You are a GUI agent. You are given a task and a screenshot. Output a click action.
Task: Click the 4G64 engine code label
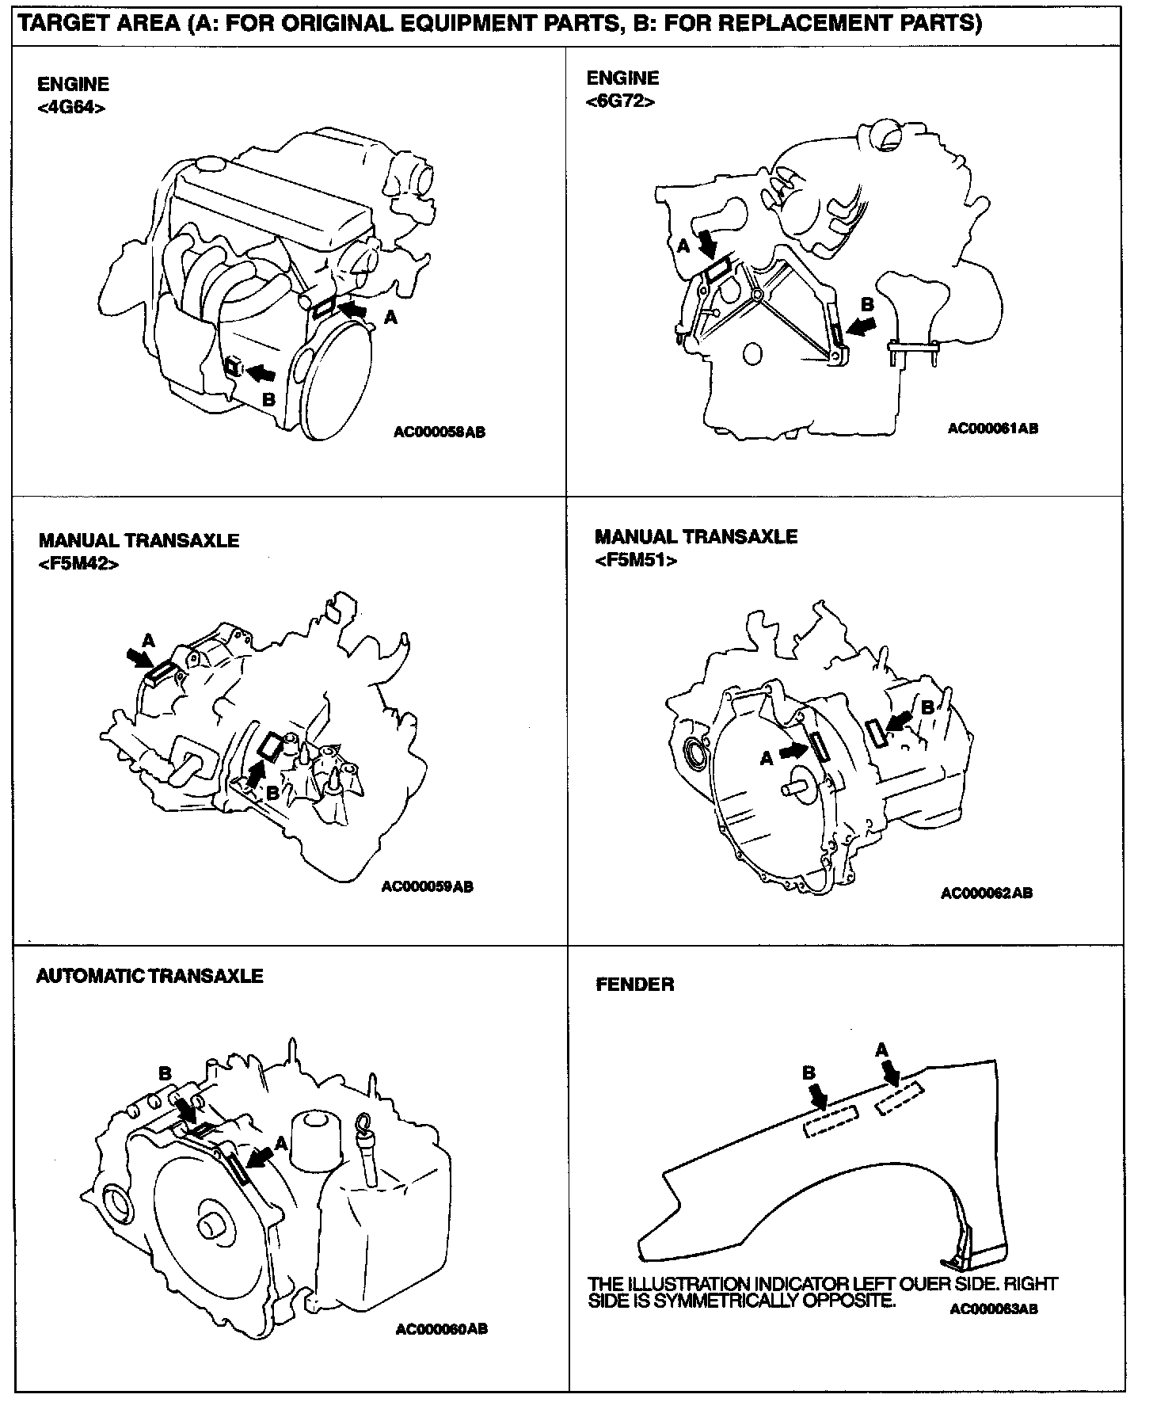click(x=71, y=108)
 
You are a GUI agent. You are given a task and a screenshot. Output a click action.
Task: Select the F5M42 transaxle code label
click(x=78, y=565)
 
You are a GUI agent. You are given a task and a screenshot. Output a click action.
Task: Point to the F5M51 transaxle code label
click(x=636, y=560)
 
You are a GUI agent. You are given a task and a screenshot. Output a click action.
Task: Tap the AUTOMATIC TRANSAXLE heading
click(x=150, y=976)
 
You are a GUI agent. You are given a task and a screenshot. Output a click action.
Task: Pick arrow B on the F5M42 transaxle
click(x=254, y=774)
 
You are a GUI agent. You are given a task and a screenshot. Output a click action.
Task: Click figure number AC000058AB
click(x=440, y=432)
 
